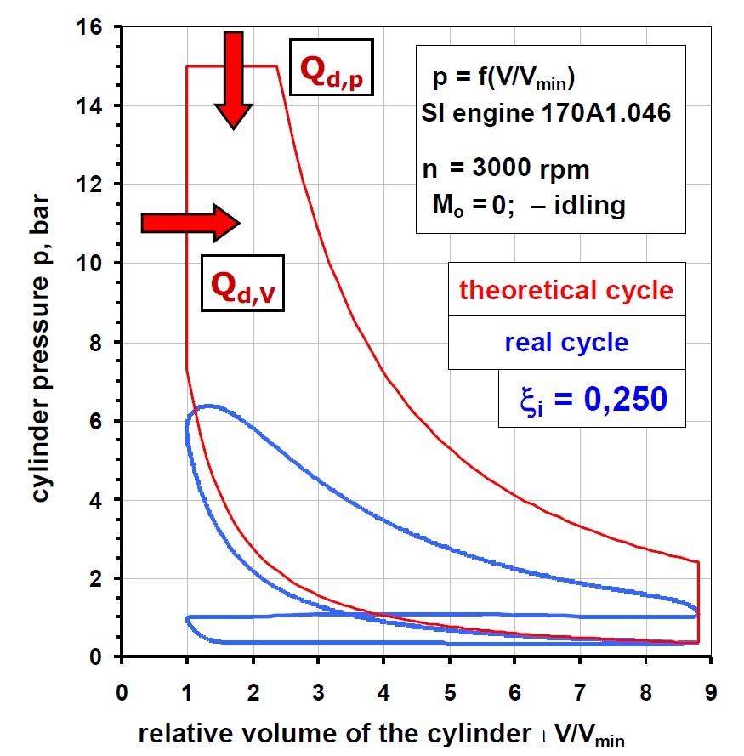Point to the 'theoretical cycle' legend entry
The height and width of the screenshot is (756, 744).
pyautogui.click(x=566, y=290)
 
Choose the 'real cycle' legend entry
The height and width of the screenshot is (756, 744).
pyautogui.click(x=566, y=342)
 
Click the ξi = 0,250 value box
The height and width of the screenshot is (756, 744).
pyautogui.click(x=592, y=398)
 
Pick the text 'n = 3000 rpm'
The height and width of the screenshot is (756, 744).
pyautogui.click(x=505, y=168)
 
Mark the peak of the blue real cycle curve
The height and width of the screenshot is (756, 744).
pyautogui.click(x=209, y=406)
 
